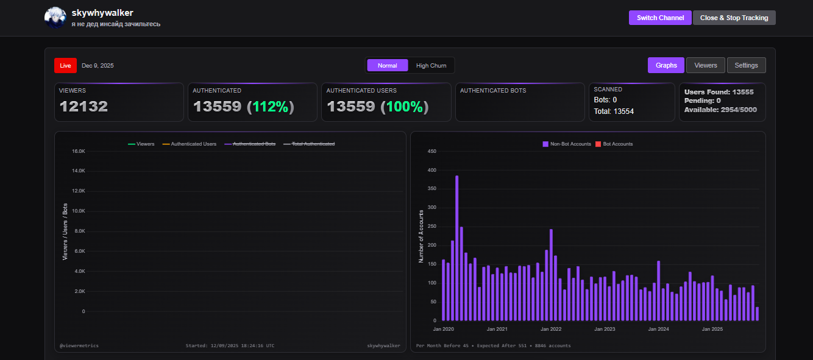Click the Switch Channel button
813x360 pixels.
tap(660, 18)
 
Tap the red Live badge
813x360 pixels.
tap(65, 65)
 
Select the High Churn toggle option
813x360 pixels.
tap(431, 65)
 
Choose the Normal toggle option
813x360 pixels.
tap(387, 65)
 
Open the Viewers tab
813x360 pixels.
tap(706, 65)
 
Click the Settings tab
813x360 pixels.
tap(746, 65)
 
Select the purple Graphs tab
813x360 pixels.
tap(666, 65)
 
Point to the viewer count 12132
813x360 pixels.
tap(83, 107)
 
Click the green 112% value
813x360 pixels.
tap(270, 107)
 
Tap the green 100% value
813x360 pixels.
tap(404, 107)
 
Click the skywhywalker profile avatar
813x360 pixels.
tap(55, 18)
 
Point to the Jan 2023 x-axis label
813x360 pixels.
tap(605, 329)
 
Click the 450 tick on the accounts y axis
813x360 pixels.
tap(431, 151)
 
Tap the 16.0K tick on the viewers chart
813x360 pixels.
tap(78, 151)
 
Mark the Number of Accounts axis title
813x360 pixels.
tap(421, 236)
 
